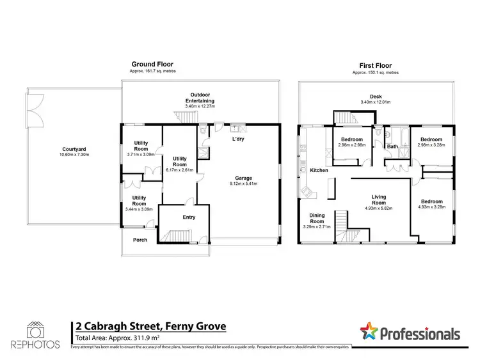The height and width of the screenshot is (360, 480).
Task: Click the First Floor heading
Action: tap(376, 65)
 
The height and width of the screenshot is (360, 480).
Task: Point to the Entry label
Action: tap(188, 217)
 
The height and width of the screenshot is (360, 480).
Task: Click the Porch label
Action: tap(140, 240)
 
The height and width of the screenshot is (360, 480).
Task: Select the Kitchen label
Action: tap(319, 171)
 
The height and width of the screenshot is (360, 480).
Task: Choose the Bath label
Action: tap(392, 148)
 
